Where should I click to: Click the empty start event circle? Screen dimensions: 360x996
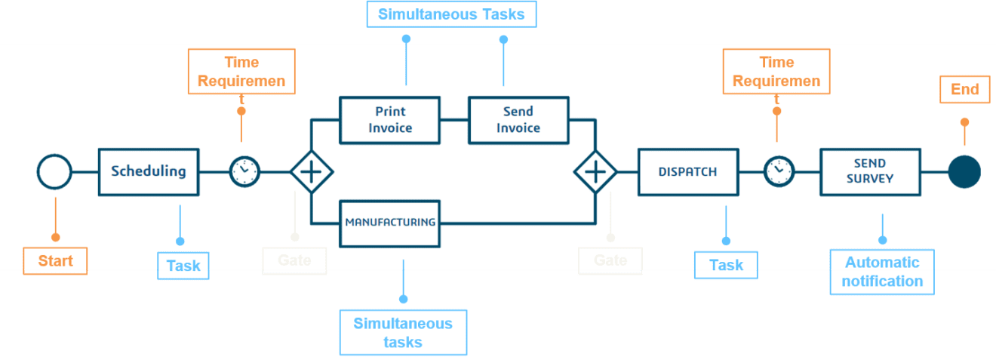tap(54, 172)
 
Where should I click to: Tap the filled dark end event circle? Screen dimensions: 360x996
tap(964, 172)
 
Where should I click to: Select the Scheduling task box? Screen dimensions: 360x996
tap(149, 171)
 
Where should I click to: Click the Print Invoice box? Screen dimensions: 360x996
tap(389, 119)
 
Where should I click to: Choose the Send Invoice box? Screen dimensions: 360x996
tap(518, 119)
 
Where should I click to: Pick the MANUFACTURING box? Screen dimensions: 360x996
tap(389, 222)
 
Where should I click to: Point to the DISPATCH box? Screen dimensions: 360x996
tap(687, 171)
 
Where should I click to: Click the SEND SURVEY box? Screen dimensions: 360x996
tap(869, 171)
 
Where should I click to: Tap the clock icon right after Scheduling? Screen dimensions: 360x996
tap(244, 172)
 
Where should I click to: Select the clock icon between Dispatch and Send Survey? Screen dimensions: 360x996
tap(779, 171)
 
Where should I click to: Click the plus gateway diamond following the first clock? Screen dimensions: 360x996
tap(311, 172)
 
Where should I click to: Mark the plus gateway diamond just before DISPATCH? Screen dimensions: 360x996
tap(595, 172)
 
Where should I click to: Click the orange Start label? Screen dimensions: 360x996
tap(55, 261)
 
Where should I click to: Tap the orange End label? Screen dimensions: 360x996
tap(964, 90)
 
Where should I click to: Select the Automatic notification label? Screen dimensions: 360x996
tap(881, 272)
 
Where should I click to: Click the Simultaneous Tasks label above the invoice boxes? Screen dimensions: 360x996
tap(450, 14)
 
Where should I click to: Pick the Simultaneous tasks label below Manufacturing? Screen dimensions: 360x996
tap(403, 332)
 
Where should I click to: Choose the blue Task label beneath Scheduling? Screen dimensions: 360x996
tap(183, 266)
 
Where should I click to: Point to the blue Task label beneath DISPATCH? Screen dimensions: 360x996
tap(725, 266)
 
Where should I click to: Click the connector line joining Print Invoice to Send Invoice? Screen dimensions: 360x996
tap(454, 119)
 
